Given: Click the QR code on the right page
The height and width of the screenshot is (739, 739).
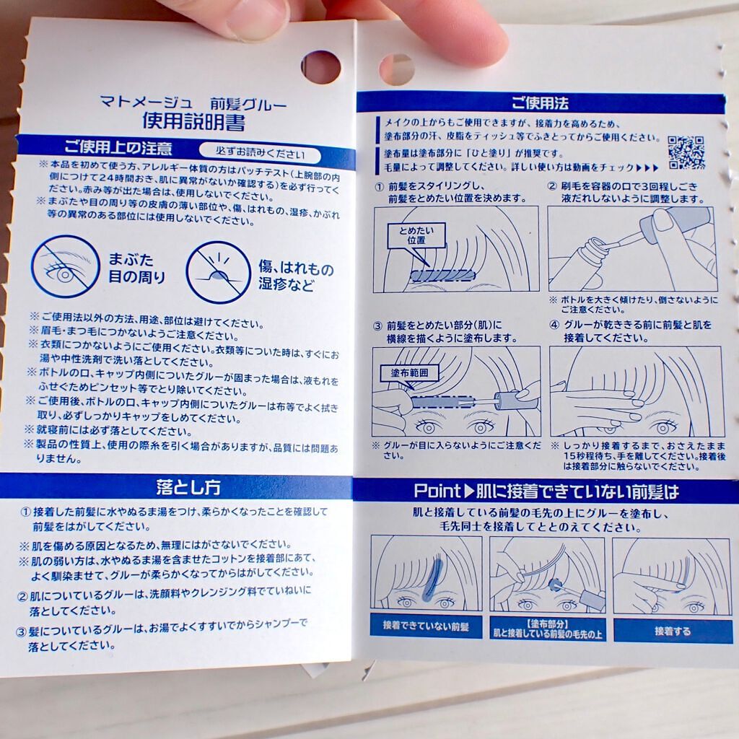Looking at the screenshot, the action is (686, 152).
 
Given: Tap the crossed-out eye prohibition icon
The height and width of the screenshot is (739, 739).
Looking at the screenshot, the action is (65, 267).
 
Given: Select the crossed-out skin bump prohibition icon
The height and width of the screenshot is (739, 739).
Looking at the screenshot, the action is (218, 273).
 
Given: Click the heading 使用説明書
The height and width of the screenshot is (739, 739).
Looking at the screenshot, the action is (193, 121).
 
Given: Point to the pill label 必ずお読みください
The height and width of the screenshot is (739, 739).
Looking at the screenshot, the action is (260, 153).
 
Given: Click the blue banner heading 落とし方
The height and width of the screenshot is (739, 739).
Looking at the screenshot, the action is (188, 487).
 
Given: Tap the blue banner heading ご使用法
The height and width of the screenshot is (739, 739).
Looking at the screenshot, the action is (540, 102).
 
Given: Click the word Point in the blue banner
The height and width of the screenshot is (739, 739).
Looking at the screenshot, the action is (437, 491).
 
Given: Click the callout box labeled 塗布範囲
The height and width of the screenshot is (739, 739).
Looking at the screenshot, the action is (409, 373).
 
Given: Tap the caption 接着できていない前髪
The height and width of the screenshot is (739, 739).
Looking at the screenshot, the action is (426, 626).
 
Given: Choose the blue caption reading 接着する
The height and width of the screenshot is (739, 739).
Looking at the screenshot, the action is (673, 631).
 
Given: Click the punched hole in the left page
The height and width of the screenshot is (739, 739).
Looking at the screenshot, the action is (320, 67).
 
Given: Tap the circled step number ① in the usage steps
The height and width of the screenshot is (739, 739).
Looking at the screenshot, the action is (380, 187).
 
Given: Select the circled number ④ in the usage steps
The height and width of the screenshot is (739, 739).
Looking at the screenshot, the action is (554, 325).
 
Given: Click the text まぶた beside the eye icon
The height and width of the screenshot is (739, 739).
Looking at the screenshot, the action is (131, 259).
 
